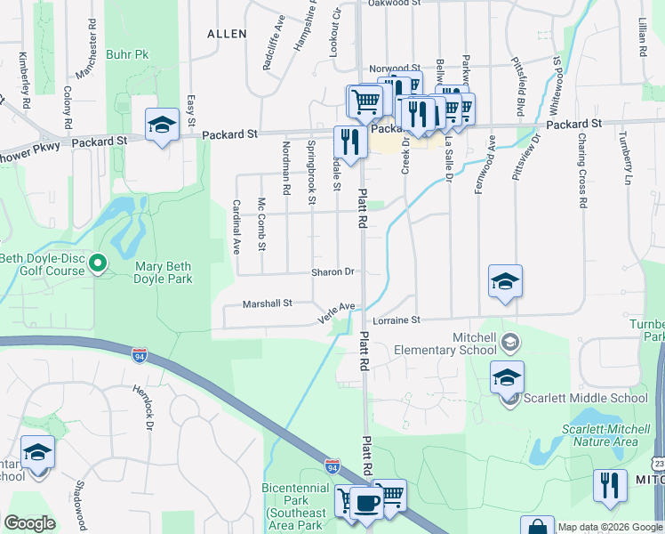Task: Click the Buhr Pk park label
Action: point(128,54)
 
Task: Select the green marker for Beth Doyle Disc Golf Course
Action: point(99,263)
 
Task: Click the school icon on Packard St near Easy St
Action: point(162,125)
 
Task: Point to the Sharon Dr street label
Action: point(332,272)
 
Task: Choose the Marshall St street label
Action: point(268,303)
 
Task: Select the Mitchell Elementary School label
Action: point(442,344)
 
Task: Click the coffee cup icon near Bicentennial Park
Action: point(366,503)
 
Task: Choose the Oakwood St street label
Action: point(394,4)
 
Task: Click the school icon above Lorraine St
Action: point(505,283)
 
